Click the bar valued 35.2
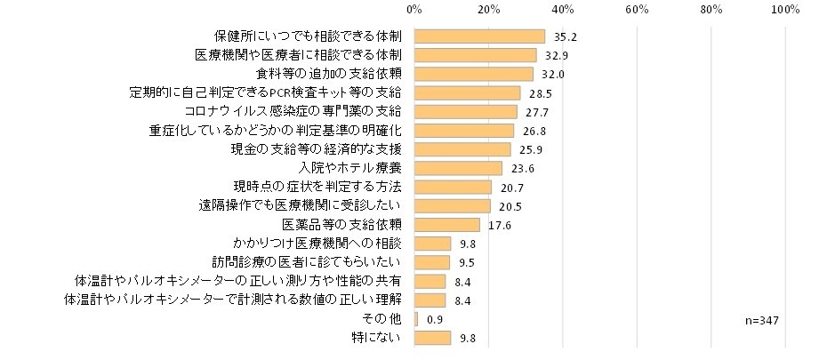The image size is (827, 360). point(479,36)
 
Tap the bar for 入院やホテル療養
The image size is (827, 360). point(458,168)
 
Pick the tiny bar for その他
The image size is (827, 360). point(415,319)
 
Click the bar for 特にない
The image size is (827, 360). point(432,338)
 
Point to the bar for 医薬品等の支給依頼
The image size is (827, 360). point(446,225)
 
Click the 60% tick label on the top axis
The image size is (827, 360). point(636,10)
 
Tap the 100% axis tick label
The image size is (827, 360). point(785,10)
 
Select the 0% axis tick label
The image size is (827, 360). point(413,10)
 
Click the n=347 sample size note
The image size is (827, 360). point(763,319)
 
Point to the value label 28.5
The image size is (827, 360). point(537,93)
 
